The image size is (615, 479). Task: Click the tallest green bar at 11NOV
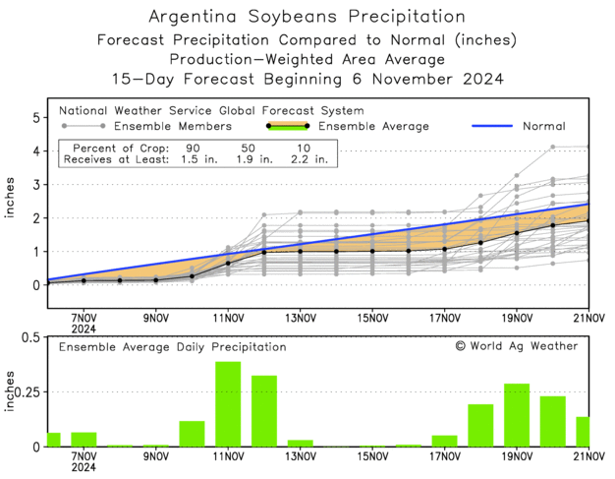228,404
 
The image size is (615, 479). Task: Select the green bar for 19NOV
517,415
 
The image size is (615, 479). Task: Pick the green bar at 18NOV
480,425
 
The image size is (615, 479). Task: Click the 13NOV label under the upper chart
301,318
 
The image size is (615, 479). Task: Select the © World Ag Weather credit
516,345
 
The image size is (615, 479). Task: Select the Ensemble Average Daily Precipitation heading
173,347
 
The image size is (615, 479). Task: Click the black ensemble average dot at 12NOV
264,252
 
